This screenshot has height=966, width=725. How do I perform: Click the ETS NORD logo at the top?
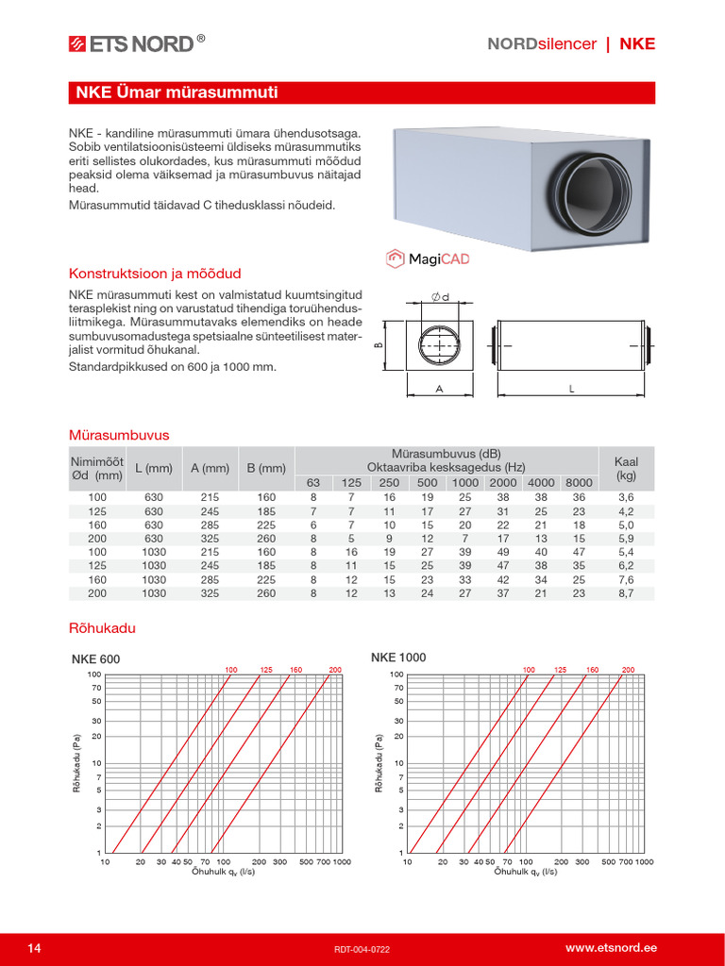(x=136, y=42)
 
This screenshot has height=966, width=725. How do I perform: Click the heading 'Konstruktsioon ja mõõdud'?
(x=155, y=274)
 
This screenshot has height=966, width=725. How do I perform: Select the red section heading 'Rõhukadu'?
(x=96, y=626)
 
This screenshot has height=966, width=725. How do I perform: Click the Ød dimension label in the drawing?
(x=439, y=298)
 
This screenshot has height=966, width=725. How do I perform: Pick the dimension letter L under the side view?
(x=572, y=388)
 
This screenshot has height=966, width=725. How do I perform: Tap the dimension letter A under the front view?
(x=439, y=388)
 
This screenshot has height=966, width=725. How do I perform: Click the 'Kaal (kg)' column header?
(x=626, y=468)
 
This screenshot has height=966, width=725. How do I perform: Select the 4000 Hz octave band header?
(x=541, y=483)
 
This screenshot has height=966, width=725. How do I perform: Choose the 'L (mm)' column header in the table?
(x=154, y=468)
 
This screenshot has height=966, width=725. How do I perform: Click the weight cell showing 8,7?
(x=626, y=594)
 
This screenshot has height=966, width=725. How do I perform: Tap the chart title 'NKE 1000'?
(x=398, y=658)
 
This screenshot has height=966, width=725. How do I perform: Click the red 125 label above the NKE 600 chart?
(x=266, y=670)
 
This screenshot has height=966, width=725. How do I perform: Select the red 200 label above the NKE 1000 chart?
(x=628, y=670)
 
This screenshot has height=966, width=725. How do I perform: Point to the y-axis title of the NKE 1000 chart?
(x=379, y=761)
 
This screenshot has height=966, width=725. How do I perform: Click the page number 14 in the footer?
(x=35, y=947)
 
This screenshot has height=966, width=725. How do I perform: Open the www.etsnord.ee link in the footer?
(x=611, y=947)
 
